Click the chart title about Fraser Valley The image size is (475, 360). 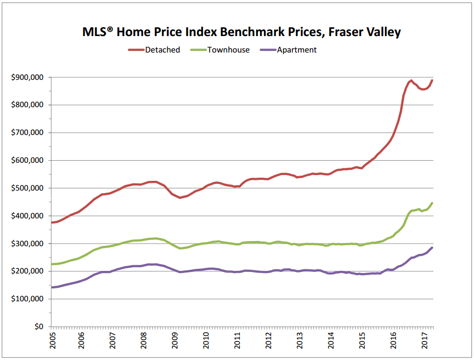(241, 32)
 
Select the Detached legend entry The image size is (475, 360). (163, 50)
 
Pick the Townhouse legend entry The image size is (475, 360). (228, 50)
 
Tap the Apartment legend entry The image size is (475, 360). (297, 50)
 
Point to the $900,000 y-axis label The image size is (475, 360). (27, 77)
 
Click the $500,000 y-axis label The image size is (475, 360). (27, 188)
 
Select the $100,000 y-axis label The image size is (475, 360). (27, 299)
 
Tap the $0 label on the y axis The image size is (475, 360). (38, 327)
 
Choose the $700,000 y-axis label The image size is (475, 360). (27, 133)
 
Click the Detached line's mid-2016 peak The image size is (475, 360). (411, 81)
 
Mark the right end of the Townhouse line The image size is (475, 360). (432, 203)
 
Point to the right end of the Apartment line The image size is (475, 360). (432, 248)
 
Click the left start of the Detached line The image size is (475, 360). (51, 222)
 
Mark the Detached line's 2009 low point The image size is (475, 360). (180, 198)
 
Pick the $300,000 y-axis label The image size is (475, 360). (27, 244)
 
